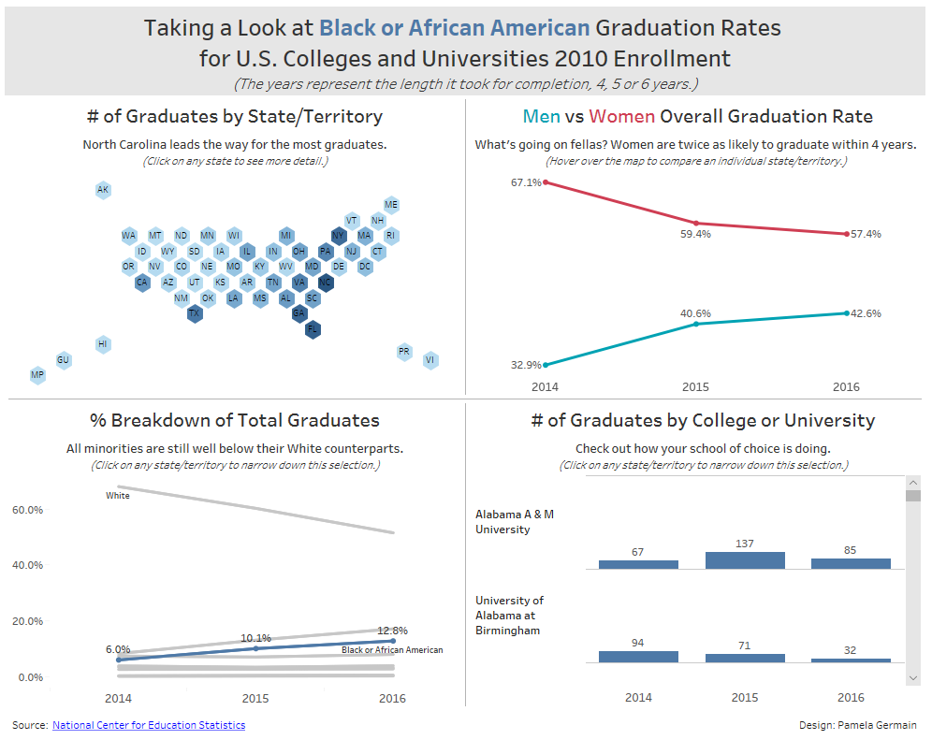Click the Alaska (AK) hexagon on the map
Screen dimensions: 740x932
pyautogui.click(x=103, y=190)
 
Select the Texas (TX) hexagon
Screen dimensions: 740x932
pyautogui.click(x=194, y=313)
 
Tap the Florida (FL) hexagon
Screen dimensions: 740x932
pyautogui.click(x=313, y=328)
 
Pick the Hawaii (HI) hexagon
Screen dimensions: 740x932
pyautogui.click(x=103, y=344)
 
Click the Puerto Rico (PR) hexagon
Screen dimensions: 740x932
pyautogui.click(x=404, y=352)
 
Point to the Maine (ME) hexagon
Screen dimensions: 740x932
pyautogui.click(x=391, y=205)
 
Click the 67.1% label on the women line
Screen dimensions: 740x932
pyautogui.click(x=526, y=182)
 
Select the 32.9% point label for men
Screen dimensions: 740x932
pyautogui.click(x=526, y=365)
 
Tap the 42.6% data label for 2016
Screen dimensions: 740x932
pyautogui.click(x=866, y=313)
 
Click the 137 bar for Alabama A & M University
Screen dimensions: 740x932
pyautogui.click(x=745, y=559)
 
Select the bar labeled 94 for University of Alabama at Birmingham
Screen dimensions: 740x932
pyautogui.click(x=638, y=657)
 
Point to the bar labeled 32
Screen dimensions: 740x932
pyautogui.click(x=851, y=660)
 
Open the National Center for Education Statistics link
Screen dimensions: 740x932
pyautogui.click(x=149, y=725)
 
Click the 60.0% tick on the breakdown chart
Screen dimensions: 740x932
pyautogui.click(x=28, y=510)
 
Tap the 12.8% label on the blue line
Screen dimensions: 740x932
pyautogui.click(x=392, y=631)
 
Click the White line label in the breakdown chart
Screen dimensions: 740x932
pyautogui.click(x=118, y=496)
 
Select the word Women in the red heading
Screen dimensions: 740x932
pyautogui.click(x=621, y=117)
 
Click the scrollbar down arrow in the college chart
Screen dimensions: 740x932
pyautogui.click(x=913, y=676)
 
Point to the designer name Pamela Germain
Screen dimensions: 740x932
pyautogui.click(x=879, y=725)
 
